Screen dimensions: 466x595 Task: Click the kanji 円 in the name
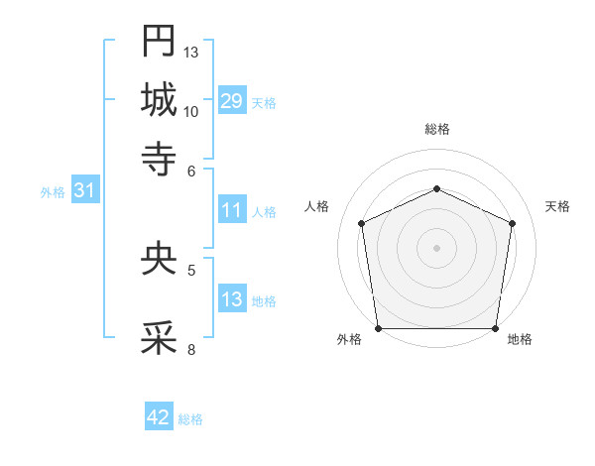coord(159,41)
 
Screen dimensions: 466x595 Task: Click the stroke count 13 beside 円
coord(191,52)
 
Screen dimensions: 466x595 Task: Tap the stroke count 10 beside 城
coord(191,111)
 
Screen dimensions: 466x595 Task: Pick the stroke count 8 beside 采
coord(191,349)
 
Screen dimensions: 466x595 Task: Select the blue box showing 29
coord(232,101)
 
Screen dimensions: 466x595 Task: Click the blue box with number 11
coord(232,210)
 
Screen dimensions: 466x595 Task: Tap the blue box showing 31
coord(84,191)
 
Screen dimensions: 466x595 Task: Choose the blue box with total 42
coord(159,417)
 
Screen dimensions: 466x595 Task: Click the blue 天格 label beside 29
coord(264,103)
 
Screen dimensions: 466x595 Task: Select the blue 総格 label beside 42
coord(190,419)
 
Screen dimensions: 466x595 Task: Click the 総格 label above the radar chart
coord(437,130)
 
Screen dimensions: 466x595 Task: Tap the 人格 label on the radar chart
coord(317,206)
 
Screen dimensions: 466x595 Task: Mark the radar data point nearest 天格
coord(513,223)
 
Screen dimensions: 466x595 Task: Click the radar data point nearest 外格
coord(379,328)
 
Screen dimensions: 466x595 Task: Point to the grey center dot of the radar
coord(437,248)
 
